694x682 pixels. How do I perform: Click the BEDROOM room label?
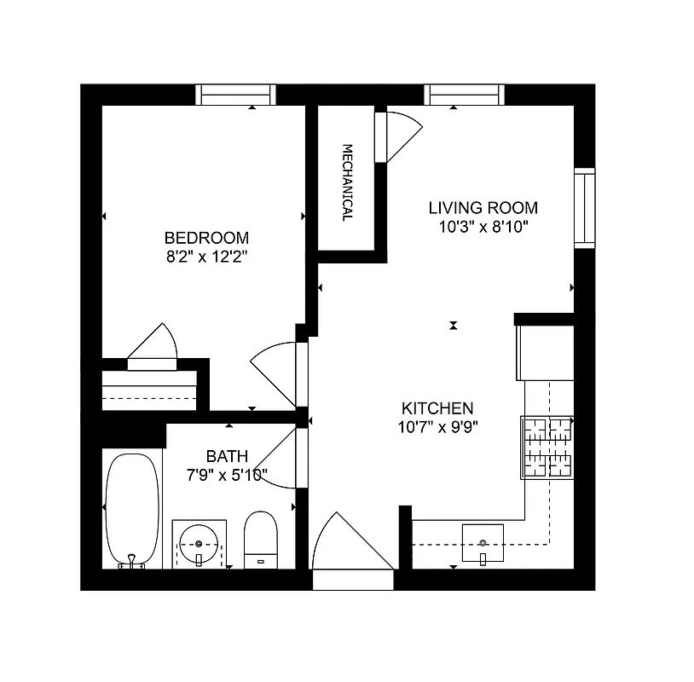tap(206, 238)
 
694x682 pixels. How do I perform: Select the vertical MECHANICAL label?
tap(348, 182)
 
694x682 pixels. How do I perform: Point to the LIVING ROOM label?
tap(483, 207)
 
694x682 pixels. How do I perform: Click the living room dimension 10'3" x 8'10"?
tap(483, 226)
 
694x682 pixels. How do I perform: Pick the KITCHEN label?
tap(437, 408)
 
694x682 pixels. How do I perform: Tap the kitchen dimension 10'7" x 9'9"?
tap(437, 427)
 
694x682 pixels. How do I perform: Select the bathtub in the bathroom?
tap(131, 509)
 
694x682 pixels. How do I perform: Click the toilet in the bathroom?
tap(261, 540)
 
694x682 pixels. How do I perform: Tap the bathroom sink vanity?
tap(200, 543)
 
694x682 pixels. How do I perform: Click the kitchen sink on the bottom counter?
tap(483, 542)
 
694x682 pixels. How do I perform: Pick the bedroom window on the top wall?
tap(236, 94)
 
